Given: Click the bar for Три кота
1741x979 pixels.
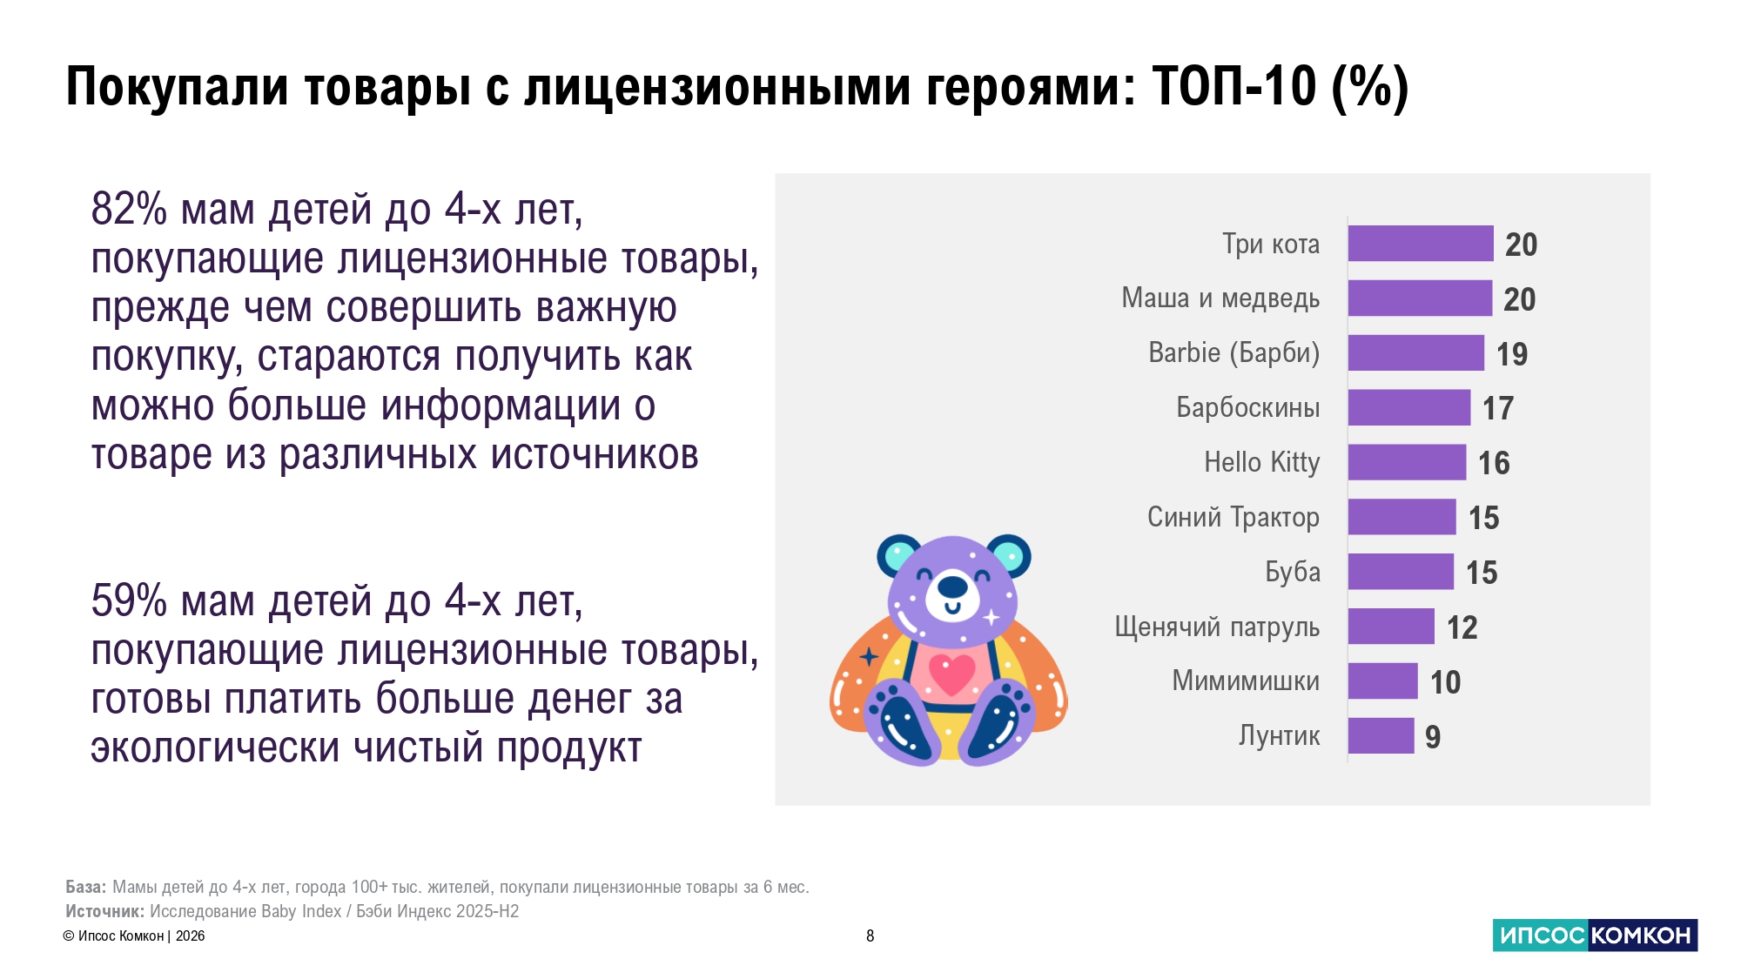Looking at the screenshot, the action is pos(1421,244).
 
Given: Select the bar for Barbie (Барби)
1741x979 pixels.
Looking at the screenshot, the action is pos(1416,352).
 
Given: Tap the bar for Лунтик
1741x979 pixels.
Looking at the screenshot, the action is pos(1381,735).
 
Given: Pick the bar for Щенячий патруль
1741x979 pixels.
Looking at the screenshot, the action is pos(1391,627).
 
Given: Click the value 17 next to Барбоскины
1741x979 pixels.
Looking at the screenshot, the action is pos(1498,408).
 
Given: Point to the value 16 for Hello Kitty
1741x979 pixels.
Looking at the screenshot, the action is pos(1494,463).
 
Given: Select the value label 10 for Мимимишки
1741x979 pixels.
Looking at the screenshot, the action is pos(1445,682).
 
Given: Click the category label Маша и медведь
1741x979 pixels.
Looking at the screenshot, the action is pos(1220,298).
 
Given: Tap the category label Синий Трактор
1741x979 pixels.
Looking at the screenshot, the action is pos(1233,517).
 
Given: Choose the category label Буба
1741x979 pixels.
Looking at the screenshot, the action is pos(1293,572).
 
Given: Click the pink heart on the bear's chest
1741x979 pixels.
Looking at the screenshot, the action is pos(952,674).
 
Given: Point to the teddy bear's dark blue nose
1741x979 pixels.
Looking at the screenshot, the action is pos(952,587).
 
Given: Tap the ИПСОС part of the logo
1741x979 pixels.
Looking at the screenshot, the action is pos(1542,935).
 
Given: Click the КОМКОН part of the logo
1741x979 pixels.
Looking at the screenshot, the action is pos(1643,935).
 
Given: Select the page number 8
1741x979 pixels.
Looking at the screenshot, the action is pos(870,936).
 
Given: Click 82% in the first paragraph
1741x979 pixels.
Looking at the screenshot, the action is pos(129,210).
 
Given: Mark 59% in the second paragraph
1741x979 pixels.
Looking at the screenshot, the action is pos(129,601).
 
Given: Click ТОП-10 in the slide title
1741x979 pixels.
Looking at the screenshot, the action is pos(1234,86).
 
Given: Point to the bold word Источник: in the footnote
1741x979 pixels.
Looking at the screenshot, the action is pos(104,911).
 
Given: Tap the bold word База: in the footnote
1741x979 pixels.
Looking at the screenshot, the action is pos(86,887).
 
